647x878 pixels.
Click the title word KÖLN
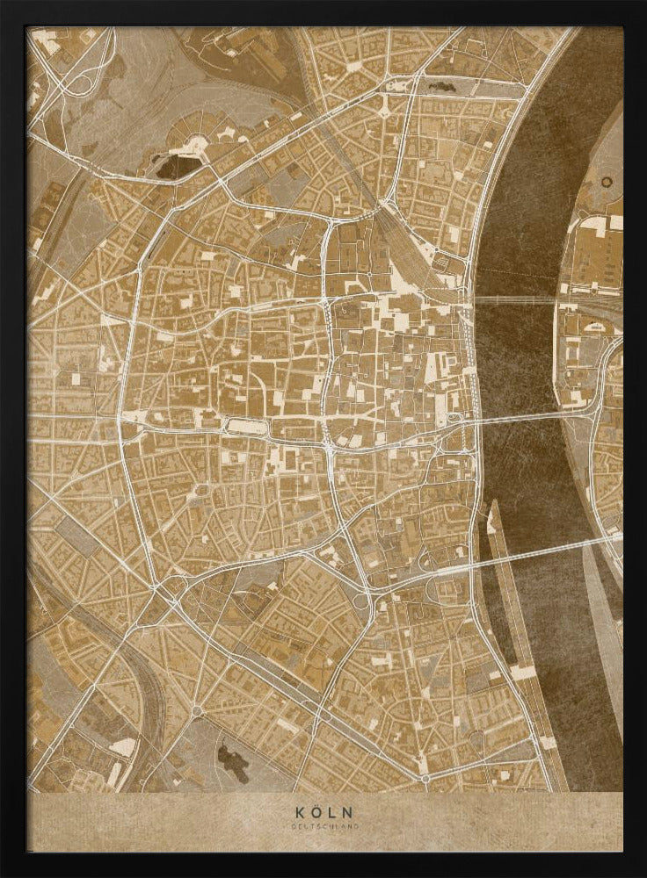[323, 812]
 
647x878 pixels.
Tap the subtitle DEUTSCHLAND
[323, 826]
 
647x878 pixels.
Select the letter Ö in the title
[316, 812]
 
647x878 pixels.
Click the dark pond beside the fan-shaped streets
[176, 165]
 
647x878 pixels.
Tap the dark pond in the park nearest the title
[230, 757]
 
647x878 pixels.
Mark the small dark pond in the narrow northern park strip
[440, 87]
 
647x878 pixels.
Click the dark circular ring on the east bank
[607, 182]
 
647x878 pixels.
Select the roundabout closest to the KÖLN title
[425, 778]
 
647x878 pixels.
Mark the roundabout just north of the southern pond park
[196, 709]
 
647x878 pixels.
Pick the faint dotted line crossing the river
[519, 276]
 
